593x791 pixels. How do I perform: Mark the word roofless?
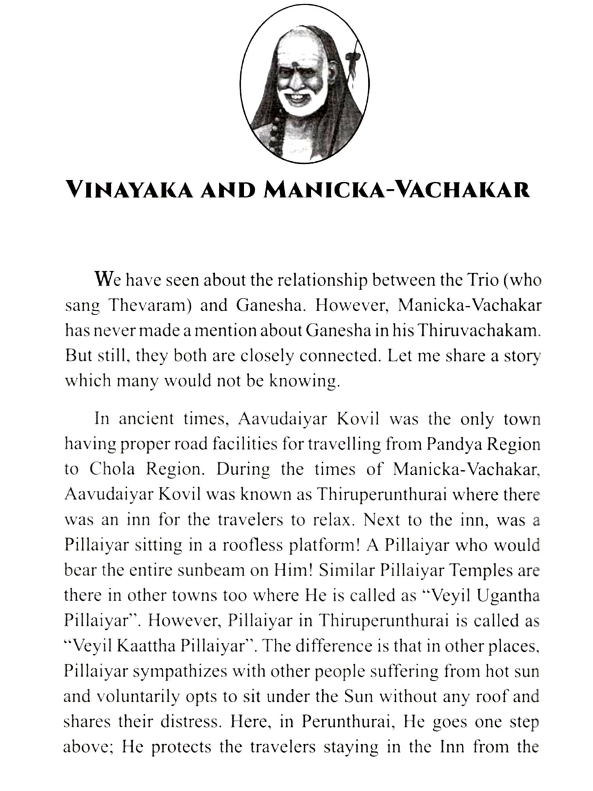point(251,545)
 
